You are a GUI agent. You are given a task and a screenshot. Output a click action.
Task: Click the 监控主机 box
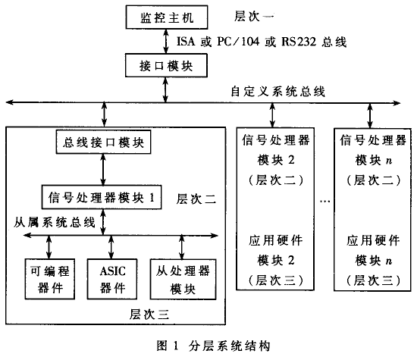[x=167, y=17]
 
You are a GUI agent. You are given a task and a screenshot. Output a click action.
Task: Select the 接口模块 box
[x=166, y=65]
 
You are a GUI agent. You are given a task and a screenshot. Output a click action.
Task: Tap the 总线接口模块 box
[x=103, y=142]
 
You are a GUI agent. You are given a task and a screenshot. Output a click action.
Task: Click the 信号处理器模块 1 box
[x=102, y=197]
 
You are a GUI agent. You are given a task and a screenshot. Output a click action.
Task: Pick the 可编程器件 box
[x=50, y=279]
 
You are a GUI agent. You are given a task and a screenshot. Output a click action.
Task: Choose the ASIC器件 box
[x=112, y=279]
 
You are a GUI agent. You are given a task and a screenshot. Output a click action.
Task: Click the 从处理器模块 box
[x=183, y=279]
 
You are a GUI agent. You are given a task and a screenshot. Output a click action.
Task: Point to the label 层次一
[x=254, y=17]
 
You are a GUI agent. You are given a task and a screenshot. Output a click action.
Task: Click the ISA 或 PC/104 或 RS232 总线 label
[x=262, y=42]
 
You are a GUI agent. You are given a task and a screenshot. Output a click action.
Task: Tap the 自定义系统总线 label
[x=277, y=92]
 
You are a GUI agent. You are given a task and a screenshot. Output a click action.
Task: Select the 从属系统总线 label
[x=55, y=222]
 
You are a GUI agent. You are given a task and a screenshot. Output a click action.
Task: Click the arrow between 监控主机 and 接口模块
[x=166, y=41]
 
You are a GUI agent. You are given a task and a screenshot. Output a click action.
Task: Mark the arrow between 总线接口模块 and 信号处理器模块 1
[x=103, y=170]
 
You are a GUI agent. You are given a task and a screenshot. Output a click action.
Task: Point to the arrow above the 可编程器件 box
[x=49, y=247]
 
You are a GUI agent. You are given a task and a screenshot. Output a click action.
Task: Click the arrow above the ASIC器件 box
[x=111, y=247]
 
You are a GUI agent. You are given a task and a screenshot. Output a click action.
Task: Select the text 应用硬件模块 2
[x=275, y=250]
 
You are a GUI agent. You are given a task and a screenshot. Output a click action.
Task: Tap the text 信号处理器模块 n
[x=373, y=150]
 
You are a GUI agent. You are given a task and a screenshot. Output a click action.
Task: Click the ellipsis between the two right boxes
[x=325, y=202]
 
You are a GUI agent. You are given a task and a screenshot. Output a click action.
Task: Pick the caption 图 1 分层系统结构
[x=213, y=346]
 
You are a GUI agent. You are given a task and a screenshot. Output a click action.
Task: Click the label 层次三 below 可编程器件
[x=149, y=314]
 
